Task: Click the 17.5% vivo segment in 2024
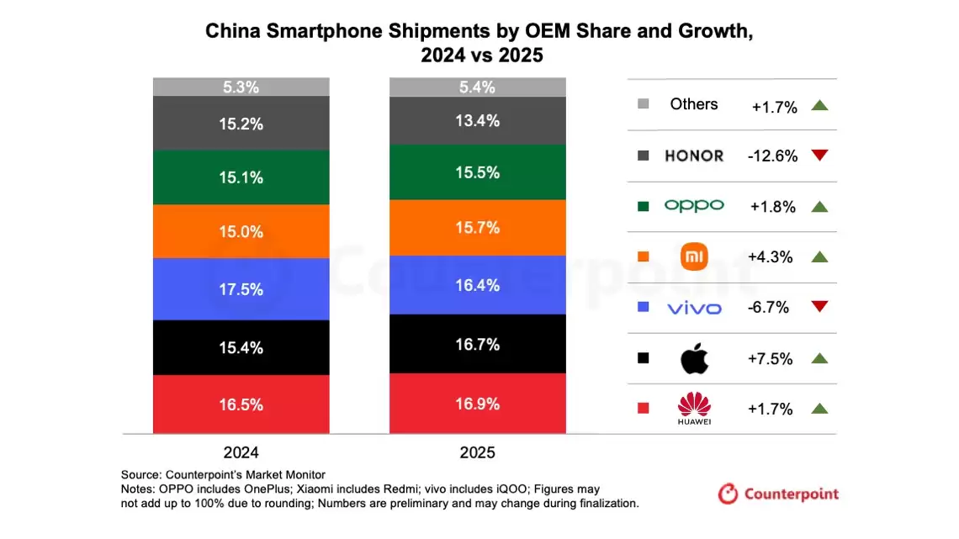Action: coord(241,288)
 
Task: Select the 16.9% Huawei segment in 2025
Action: coord(477,404)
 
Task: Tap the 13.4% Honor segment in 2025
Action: coord(477,120)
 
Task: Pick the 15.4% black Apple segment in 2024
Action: coord(241,347)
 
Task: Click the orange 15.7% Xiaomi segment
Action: coord(477,227)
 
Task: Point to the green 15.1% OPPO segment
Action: coord(241,177)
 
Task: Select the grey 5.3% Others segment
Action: coord(241,87)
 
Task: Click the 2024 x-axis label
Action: coord(241,452)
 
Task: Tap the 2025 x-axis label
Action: coord(477,452)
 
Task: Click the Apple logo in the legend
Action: coord(694,358)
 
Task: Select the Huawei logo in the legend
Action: coord(694,409)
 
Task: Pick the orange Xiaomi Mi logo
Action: coord(694,256)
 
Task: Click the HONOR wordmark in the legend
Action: coord(694,156)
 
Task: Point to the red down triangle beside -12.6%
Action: coord(820,156)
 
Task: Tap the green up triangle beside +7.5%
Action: coord(820,358)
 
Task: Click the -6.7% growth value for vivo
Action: coord(769,308)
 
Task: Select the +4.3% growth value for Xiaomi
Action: coord(771,257)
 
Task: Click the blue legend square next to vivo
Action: coord(644,308)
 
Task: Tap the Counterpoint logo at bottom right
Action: coord(778,494)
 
